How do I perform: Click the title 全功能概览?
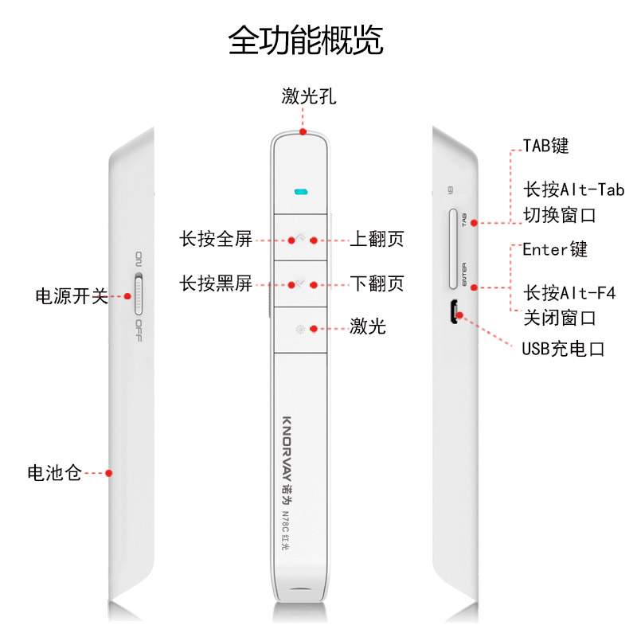[x=306, y=40]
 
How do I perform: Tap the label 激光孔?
[x=309, y=96]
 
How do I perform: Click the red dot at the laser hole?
[x=303, y=132]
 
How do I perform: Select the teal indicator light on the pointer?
[x=301, y=191]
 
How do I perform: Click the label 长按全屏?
[x=216, y=239]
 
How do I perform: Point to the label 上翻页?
[x=377, y=239]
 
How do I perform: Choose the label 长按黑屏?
[x=216, y=283]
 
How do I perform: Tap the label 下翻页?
[x=377, y=283]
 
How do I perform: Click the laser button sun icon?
[x=300, y=329]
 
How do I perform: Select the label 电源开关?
[x=72, y=296]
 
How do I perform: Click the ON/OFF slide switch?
[x=139, y=294]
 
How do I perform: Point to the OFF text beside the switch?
[x=139, y=330]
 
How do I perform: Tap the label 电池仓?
[x=54, y=473]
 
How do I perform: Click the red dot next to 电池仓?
[x=108, y=473]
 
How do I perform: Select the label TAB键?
[x=545, y=146]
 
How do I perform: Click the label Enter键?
[x=555, y=249]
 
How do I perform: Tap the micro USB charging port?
[x=453, y=312]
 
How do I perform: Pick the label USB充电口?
[x=564, y=349]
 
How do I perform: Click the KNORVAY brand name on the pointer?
[x=287, y=448]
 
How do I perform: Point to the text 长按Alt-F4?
[x=569, y=292]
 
